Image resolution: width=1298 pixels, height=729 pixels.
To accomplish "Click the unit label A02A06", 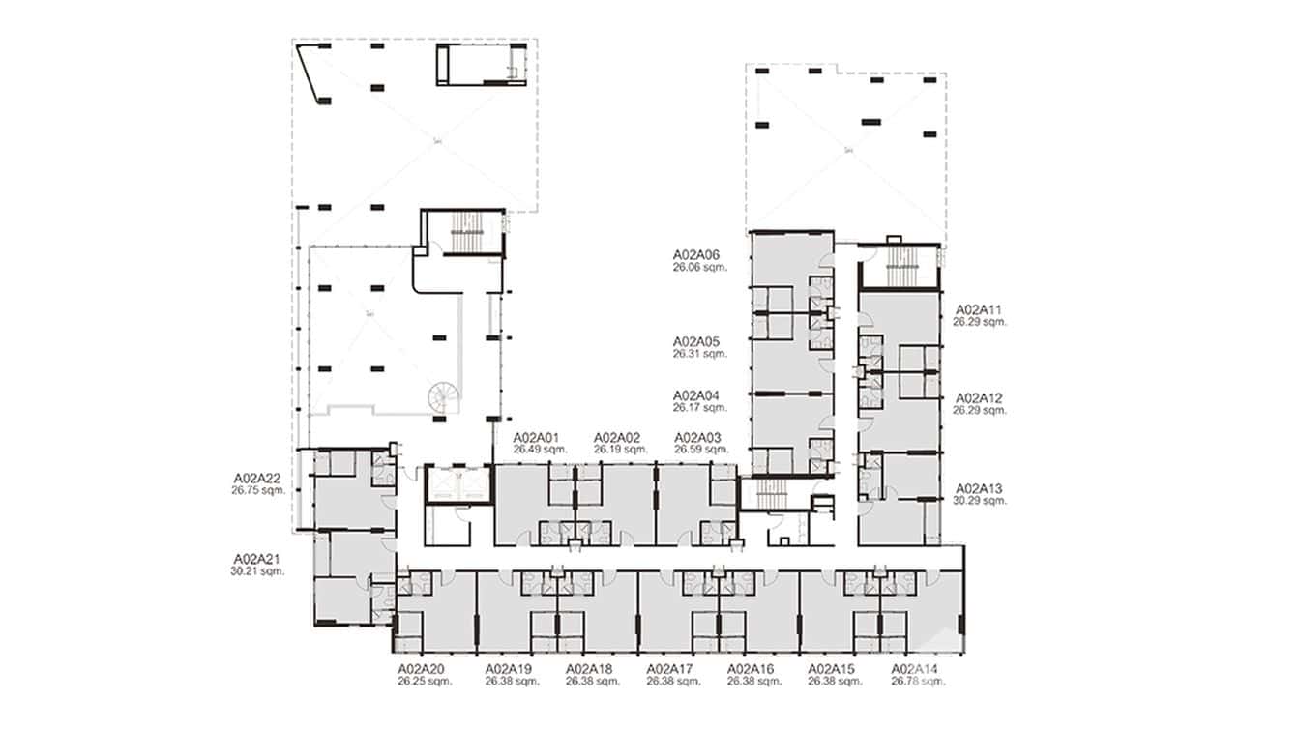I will pyautogui.click(x=697, y=255).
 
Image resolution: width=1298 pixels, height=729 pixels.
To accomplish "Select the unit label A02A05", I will pyautogui.click(x=697, y=342).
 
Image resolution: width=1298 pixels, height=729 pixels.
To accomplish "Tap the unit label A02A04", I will pyautogui.click(x=697, y=395).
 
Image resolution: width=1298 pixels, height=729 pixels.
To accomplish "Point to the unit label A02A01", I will pyautogui.click(x=537, y=437).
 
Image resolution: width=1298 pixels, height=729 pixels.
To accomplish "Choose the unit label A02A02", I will pyautogui.click(x=617, y=437).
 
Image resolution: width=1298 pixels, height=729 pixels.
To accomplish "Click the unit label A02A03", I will pyautogui.click(x=698, y=437).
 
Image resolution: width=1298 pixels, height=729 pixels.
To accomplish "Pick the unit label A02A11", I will pyautogui.click(x=980, y=310).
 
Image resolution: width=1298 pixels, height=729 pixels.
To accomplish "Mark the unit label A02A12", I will pyautogui.click(x=980, y=398).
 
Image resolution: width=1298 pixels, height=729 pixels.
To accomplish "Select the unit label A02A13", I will pyautogui.click(x=980, y=488).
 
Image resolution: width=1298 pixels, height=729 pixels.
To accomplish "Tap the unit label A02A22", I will pyautogui.click(x=256, y=478).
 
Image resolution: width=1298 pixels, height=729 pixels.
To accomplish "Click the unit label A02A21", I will pyautogui.click(x=256, y=559).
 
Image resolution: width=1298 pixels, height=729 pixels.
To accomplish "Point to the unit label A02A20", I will pyautogui.click(x=421, y=669).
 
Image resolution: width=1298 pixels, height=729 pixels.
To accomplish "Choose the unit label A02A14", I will pyautogui.click(x=914, y=669).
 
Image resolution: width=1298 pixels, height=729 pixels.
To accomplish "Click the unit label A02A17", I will pyautogui.click(x=670, y=669).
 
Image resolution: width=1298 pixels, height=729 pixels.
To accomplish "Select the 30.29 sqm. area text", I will pyautogui.click(x=980, y=501).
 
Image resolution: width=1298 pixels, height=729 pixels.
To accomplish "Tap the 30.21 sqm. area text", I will pyautogui.click(x=256, y=571).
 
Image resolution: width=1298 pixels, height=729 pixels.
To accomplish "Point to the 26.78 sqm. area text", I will pyautogui.click(x=914, y=682).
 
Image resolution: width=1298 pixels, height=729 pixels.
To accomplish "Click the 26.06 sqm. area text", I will pyautogui.click(x=699, y=268).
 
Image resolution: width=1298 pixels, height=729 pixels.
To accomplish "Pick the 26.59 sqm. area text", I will pyautogui.click(x=699, y=450).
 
